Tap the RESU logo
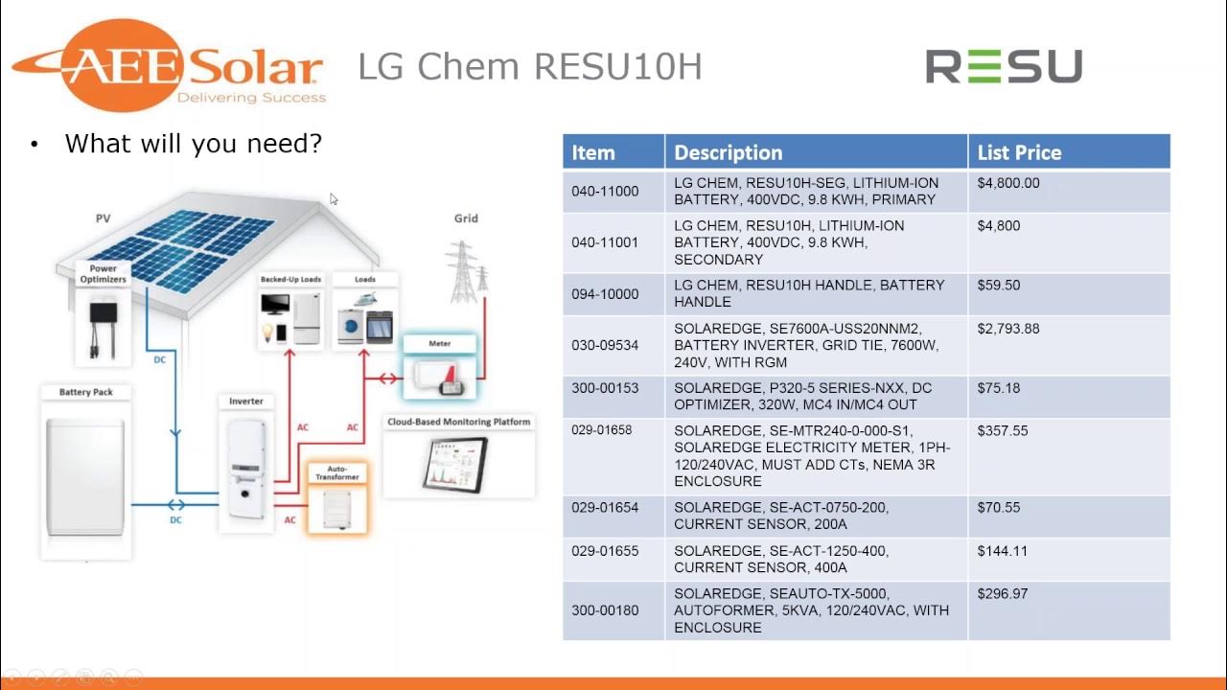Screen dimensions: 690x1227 pos(1003,67)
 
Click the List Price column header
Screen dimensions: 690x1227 pos(1019,152)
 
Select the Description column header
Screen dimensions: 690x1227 pos(728,152)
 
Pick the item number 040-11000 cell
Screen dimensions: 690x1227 pos(605,192)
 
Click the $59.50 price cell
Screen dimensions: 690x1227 pos(998,286)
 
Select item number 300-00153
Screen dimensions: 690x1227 pos(605,388)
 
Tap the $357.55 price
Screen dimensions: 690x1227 pos(1003,431)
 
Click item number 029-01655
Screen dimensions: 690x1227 pos(605,551)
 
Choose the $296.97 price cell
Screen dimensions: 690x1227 pos(1003,594)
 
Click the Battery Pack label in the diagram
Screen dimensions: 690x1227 pos(86,392)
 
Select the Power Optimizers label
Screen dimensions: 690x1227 pos(104,273)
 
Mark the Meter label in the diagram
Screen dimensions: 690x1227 pos(439,343)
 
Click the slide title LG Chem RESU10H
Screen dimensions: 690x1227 pos(529,67)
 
